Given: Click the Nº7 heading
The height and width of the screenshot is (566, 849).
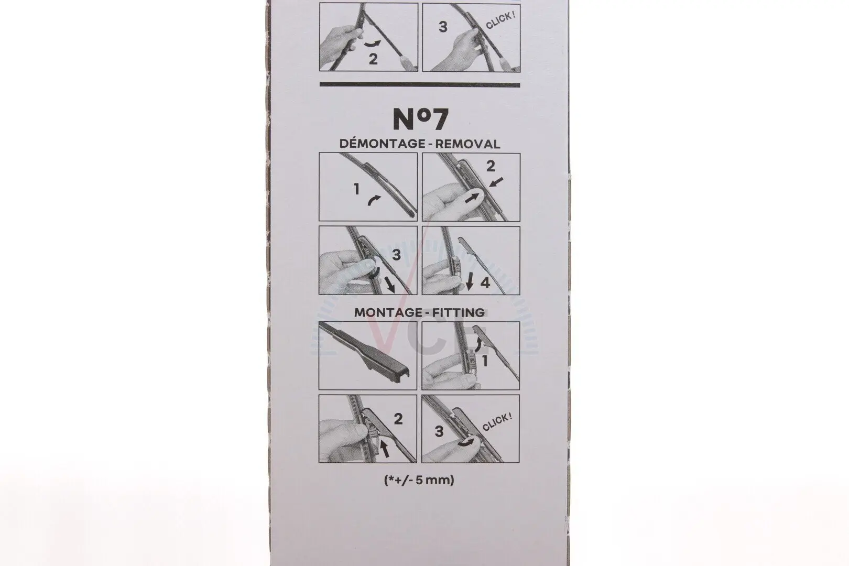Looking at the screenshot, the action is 420,119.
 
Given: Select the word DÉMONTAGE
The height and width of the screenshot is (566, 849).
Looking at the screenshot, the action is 383,144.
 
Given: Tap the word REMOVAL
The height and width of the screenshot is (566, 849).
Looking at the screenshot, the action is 467,144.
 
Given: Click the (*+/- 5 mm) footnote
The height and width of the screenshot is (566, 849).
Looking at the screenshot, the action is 419,481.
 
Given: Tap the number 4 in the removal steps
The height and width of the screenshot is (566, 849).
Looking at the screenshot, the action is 485,283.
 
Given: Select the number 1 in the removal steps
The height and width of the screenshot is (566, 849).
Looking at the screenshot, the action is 356,189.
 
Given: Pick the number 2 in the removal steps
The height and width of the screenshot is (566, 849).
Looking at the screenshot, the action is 491,166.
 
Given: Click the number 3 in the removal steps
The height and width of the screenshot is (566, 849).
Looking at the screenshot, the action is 396,255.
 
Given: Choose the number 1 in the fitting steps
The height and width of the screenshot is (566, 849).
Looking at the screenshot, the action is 484,362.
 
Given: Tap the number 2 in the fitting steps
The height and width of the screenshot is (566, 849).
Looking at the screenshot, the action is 398,419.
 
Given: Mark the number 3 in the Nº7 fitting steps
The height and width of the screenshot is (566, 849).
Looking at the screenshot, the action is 439,431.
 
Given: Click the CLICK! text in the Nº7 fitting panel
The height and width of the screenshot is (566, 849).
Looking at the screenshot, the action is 497,422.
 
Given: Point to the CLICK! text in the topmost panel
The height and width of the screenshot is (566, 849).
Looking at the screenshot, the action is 500,21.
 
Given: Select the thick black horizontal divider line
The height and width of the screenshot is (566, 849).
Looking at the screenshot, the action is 420,84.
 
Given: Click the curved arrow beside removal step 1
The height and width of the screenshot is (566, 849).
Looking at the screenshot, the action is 374,200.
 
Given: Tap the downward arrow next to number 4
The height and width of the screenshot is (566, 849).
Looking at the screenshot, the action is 470,282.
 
